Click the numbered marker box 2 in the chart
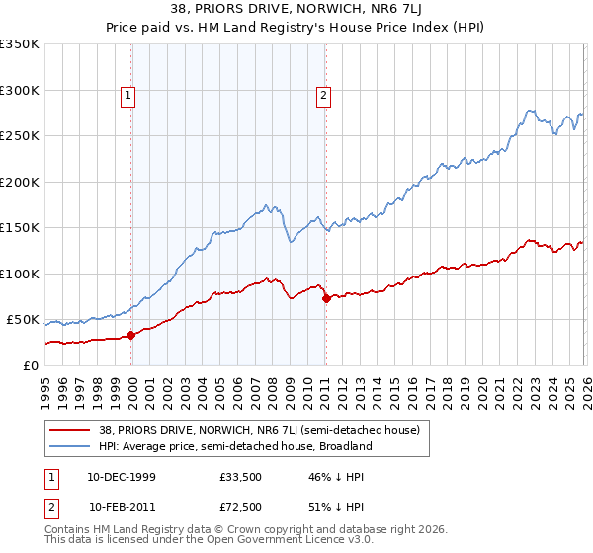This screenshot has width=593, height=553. pos(324,96)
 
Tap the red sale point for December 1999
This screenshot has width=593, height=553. pos(131,335)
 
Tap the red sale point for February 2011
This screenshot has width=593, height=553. pos(325,298)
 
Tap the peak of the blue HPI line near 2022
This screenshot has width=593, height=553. pos(531,111)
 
